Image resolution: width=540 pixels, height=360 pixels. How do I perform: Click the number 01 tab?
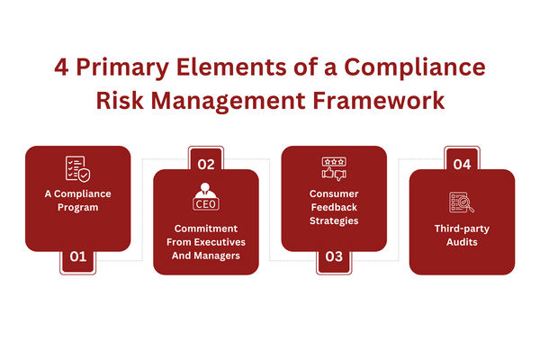(x=77, y=262)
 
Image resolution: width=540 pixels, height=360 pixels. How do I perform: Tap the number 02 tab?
(x=206, y=158)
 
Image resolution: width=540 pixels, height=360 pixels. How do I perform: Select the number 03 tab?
(x=334, y=262)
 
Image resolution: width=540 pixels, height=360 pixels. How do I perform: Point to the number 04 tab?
(x=463, y=158)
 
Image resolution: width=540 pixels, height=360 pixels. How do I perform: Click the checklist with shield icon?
(x=77, y=169)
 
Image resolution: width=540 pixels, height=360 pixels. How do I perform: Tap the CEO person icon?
(x=206, y=196)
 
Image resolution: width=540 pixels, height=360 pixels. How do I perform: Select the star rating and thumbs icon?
(x=334, y=169)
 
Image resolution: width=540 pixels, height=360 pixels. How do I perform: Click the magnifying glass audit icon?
(x=462, y=202)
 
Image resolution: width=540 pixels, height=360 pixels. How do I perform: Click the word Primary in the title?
(x=122, y=67)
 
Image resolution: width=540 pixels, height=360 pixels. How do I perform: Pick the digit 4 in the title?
(x=61, y=67)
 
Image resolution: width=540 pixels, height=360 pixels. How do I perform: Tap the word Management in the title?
(x=229, y=102)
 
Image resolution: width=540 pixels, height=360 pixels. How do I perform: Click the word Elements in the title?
(x=231, y=67)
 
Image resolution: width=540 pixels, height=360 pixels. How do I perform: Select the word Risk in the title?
(x=120, y=101)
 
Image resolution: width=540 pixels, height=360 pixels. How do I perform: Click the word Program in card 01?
(x=77, y=208)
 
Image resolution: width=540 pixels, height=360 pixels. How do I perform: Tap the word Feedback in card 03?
(x=334, y=207)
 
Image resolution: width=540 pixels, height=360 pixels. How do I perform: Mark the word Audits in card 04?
(x=463, y=242)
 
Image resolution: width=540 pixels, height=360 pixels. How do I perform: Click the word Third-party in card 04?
(x=463, y=229)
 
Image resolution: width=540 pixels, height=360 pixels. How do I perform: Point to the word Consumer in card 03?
(x=334, y=194)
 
